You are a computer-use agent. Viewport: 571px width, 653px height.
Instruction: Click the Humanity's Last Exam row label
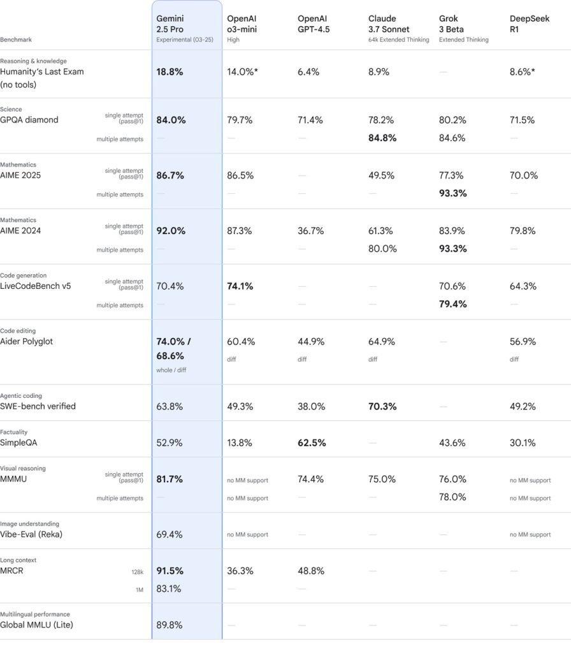coord(41,72)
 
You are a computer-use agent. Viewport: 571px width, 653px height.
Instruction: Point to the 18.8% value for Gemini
coord(170,72)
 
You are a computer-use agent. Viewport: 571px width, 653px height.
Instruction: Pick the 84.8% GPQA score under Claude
coord(382,138)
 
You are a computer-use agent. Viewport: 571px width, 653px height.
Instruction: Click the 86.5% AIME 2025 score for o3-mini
coord(240,175)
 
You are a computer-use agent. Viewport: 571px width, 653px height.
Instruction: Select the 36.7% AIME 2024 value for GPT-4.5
coord(310,231)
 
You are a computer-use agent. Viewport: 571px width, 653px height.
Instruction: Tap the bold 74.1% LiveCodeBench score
coord(240,286)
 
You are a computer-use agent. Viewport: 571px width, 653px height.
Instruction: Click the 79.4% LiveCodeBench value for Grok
coord(452,304)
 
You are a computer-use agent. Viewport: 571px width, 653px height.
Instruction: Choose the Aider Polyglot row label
coord(26,342)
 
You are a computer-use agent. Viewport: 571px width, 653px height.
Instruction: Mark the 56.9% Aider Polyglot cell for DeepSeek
coord(523,342)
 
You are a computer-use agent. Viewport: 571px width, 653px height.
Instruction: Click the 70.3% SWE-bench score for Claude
coord(382,406)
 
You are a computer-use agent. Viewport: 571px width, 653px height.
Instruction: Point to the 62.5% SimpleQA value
coord(312,443)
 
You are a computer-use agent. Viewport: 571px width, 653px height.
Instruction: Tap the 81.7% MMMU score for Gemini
coord(170,479)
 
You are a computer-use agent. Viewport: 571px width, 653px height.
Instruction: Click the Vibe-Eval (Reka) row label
coord(31,534)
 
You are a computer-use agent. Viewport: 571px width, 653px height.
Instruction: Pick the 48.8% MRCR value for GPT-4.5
coord(310,571)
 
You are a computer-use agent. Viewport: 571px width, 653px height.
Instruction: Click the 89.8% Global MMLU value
coord(169,625)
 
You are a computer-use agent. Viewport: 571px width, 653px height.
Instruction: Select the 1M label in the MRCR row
coord(139,590)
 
